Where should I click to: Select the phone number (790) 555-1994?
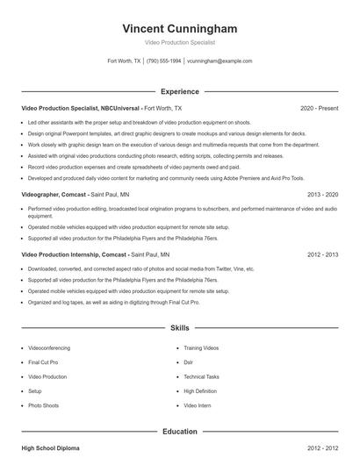tap(163, 61)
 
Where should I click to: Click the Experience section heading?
tap(179, 91)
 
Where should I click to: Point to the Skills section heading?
tap(179, 328)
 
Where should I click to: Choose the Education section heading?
tap(179, 432)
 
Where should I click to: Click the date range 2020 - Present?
tap(319, 108)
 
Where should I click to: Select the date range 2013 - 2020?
tap(322, 194)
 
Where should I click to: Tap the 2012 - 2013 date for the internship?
tap(322, 254)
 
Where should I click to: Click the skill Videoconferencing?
tap(50, 347)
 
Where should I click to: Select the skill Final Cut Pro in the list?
tap(43, 362)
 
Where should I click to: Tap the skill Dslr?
tap(188, 362)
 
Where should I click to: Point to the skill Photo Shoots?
tap(43, 406)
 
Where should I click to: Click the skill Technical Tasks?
tap(201, 376)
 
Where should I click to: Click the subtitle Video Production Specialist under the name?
tap(179, 42)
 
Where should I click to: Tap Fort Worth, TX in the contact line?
tap(124, 61)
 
